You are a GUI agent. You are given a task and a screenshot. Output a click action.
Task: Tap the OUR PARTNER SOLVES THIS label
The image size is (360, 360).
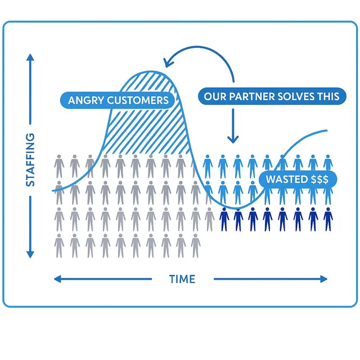272,96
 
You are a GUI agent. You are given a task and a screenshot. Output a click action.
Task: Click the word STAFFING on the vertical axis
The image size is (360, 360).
30,160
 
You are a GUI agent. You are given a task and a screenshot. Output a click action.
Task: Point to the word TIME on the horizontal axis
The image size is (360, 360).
182,279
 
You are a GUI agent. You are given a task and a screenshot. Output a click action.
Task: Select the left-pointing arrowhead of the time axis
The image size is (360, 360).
56,278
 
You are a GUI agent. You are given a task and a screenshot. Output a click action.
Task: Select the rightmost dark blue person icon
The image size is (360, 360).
327,219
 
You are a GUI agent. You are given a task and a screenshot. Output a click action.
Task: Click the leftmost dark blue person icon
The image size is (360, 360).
223,219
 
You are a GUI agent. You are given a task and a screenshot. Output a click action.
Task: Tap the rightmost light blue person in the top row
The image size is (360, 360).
327,164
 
